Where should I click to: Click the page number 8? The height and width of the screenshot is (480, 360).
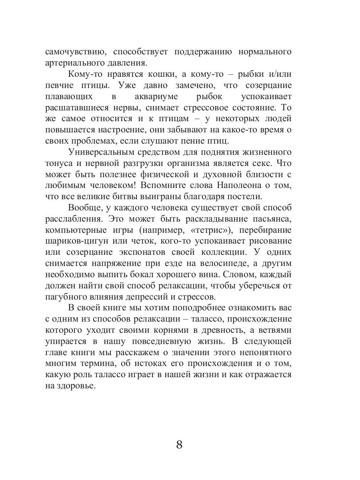coord(179,445)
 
